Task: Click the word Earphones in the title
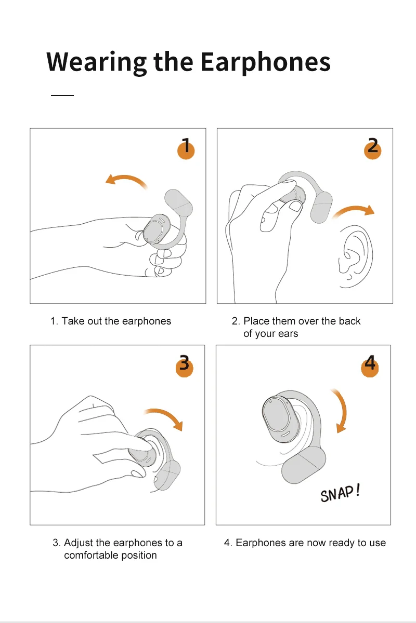pyautogui.click(x=265, y=61)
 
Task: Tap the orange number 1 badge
pyautogui.click(x=186, y=150)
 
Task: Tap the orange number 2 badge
pyautogui.click(x=372, y=150)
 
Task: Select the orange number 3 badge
pyautogui.click(x=184, y=367)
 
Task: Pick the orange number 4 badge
pyautogui.click(x=370, y=367)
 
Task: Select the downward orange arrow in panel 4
pyautogui.click(x=343, y=411)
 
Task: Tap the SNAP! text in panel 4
pyautogui.click(x=340, y=493)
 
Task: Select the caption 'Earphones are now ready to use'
pyautogui.click(x=305, y=543)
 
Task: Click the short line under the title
pyautogui.click(x=62, y=96)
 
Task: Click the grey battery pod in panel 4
pyautogui.click(x=303, y=465)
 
